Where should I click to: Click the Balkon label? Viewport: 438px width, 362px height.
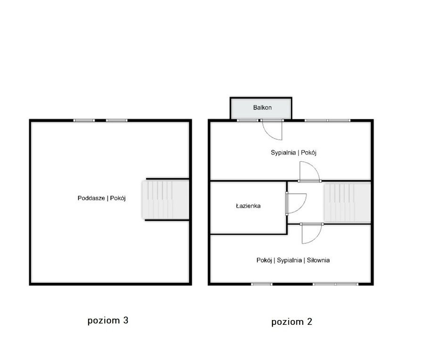(262, 107)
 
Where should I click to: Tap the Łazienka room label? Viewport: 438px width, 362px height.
(248, 206)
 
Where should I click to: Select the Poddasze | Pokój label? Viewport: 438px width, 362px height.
(102, 198)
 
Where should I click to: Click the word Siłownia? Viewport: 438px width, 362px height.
(318, 260)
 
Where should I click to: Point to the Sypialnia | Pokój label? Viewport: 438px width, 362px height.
(294, 153)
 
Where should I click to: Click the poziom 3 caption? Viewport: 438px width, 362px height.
(108, 320)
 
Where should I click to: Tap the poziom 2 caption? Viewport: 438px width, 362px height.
(292, 322)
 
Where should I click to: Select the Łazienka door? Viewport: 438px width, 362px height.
(296, 203)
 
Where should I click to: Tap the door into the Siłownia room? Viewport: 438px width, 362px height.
(312, 233)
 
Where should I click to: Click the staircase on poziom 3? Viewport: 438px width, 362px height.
(165, 199)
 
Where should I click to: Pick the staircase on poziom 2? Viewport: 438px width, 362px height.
(347, 203)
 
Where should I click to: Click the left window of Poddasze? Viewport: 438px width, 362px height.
(84, 120)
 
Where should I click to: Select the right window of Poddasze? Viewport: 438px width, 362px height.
(116, 120)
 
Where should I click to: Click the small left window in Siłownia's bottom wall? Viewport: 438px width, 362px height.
(262, 284)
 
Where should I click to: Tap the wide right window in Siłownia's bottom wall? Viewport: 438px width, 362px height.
(336, 284)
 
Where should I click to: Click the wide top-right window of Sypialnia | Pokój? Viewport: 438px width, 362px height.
(327, 120)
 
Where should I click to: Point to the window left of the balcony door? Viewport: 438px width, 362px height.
(248, 120)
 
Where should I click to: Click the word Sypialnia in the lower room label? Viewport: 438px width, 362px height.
(289, 260)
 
